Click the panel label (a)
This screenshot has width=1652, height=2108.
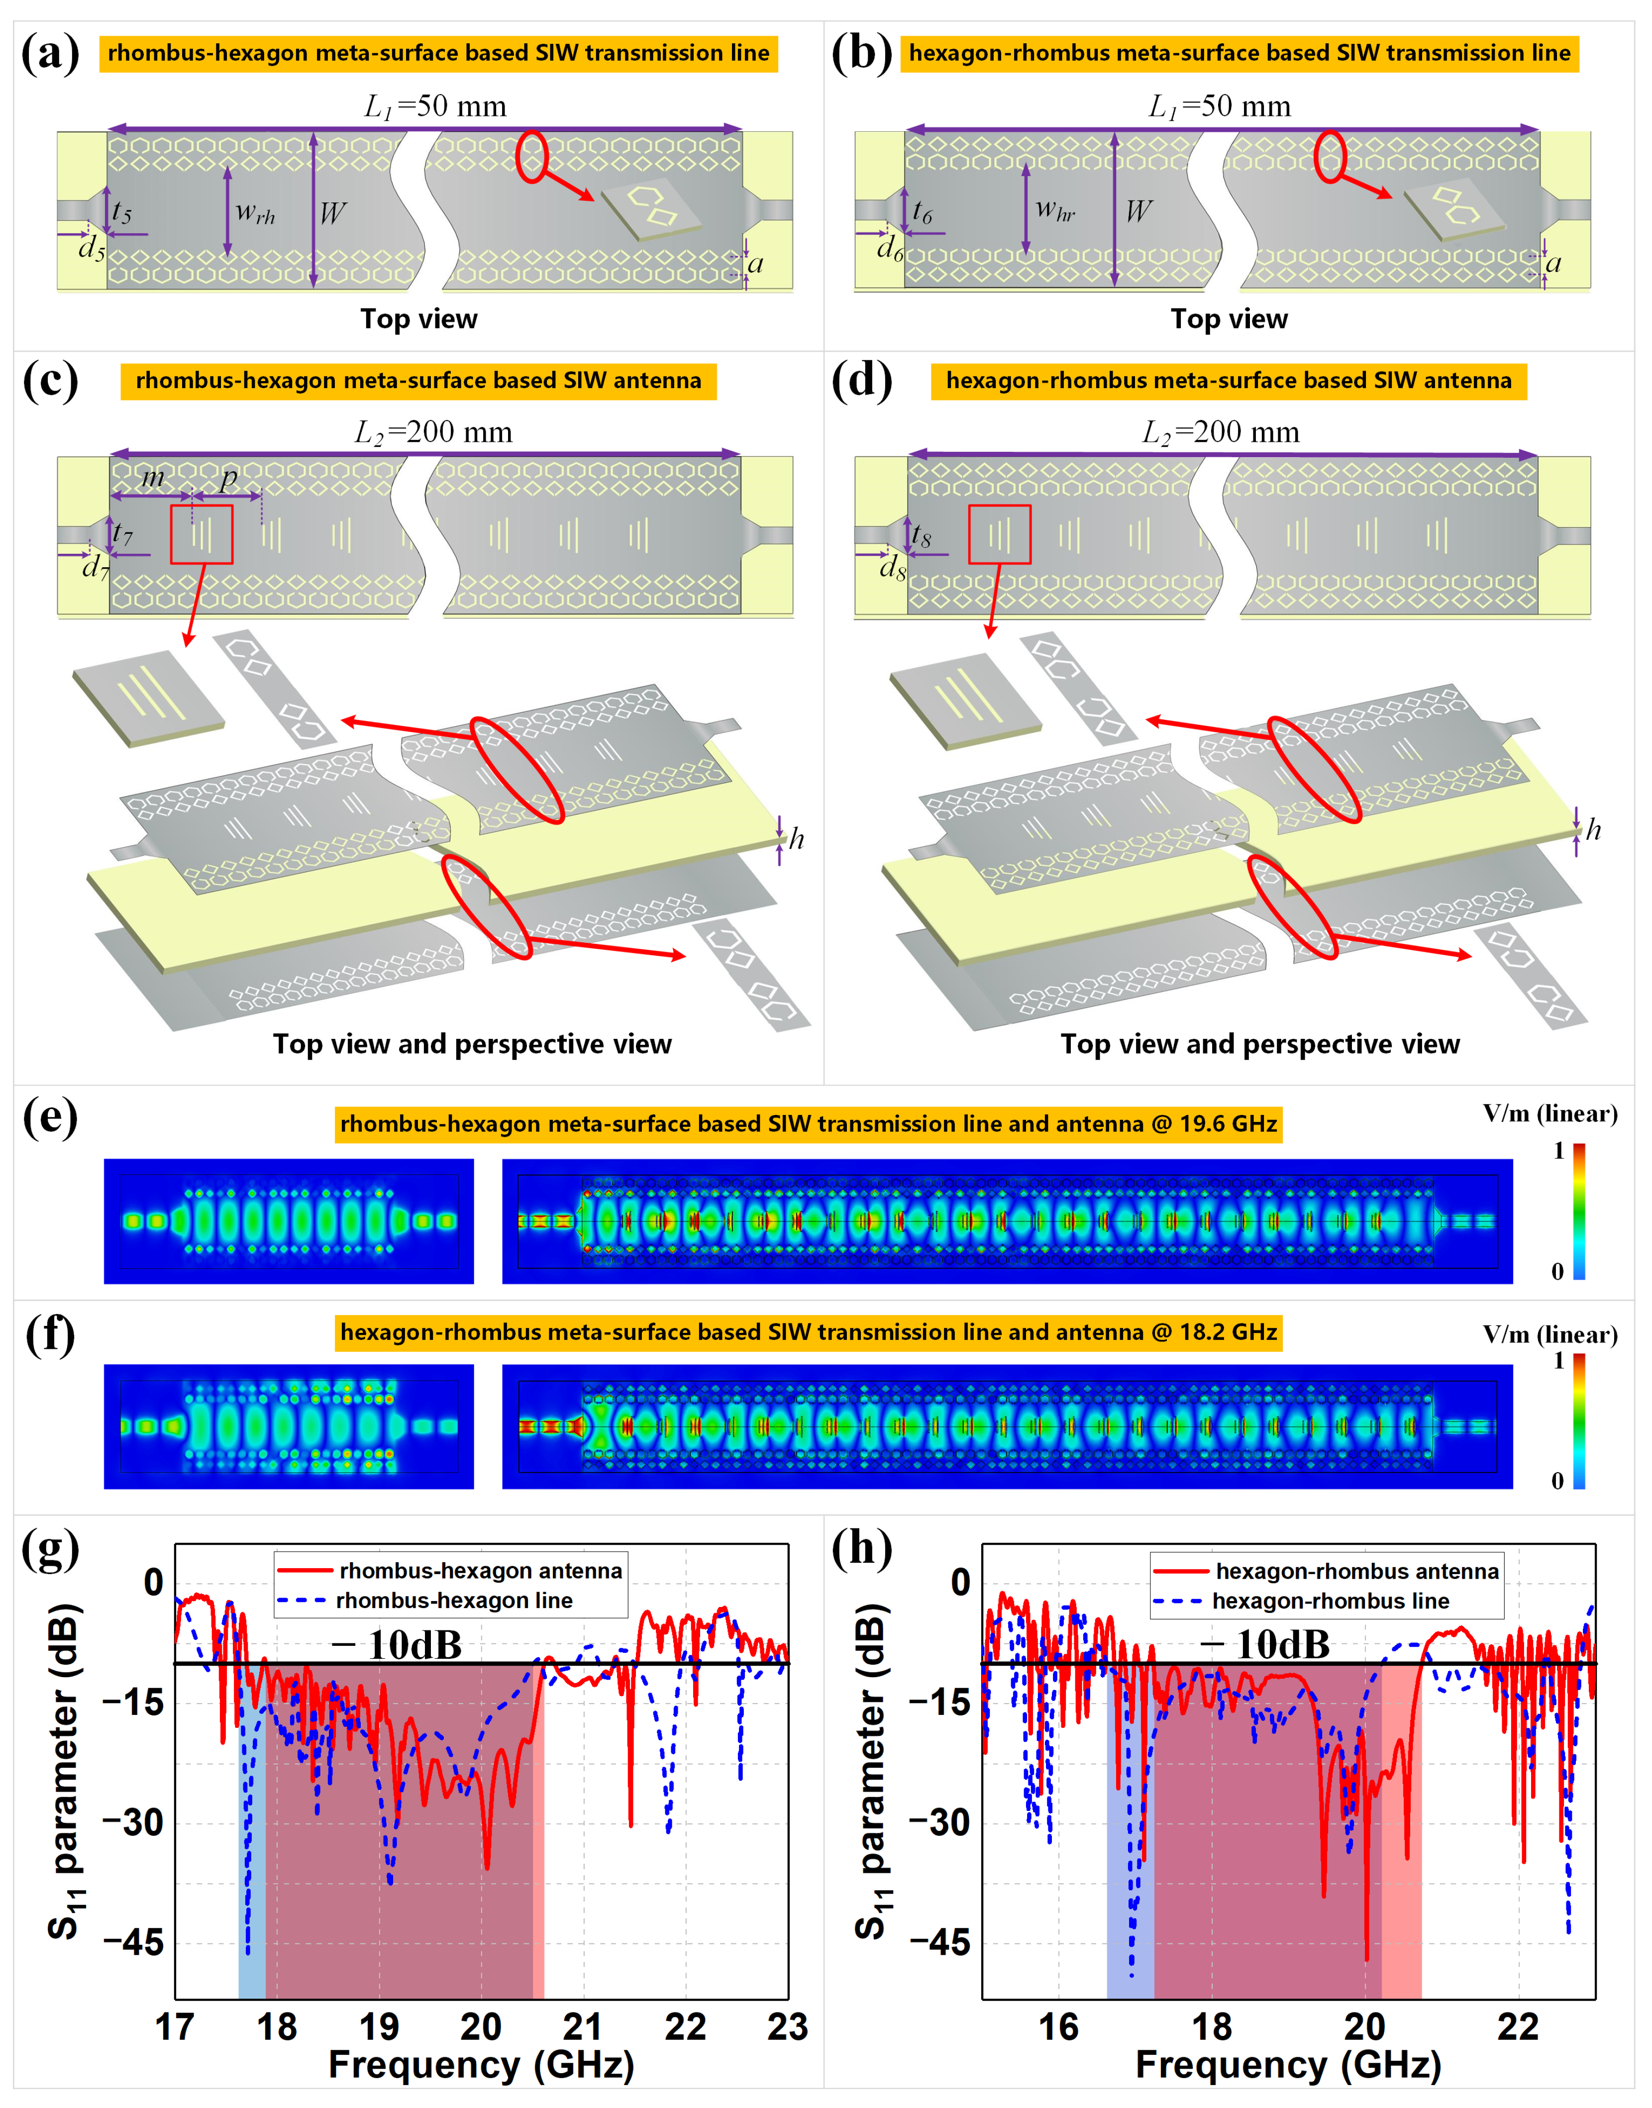click(x=50, y=53)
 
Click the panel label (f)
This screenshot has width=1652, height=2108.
click(x=50, y=1334)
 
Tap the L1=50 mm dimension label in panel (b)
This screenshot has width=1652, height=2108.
click(x=1220, y=106)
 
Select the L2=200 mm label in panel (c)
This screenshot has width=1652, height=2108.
click(x=433, y=432)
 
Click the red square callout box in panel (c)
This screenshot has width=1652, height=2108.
click(x=201, y=534)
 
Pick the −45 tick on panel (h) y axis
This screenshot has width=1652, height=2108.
click(x=938, y=1942)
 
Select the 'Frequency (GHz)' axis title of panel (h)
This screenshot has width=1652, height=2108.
click(x=1287, y=2065)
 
